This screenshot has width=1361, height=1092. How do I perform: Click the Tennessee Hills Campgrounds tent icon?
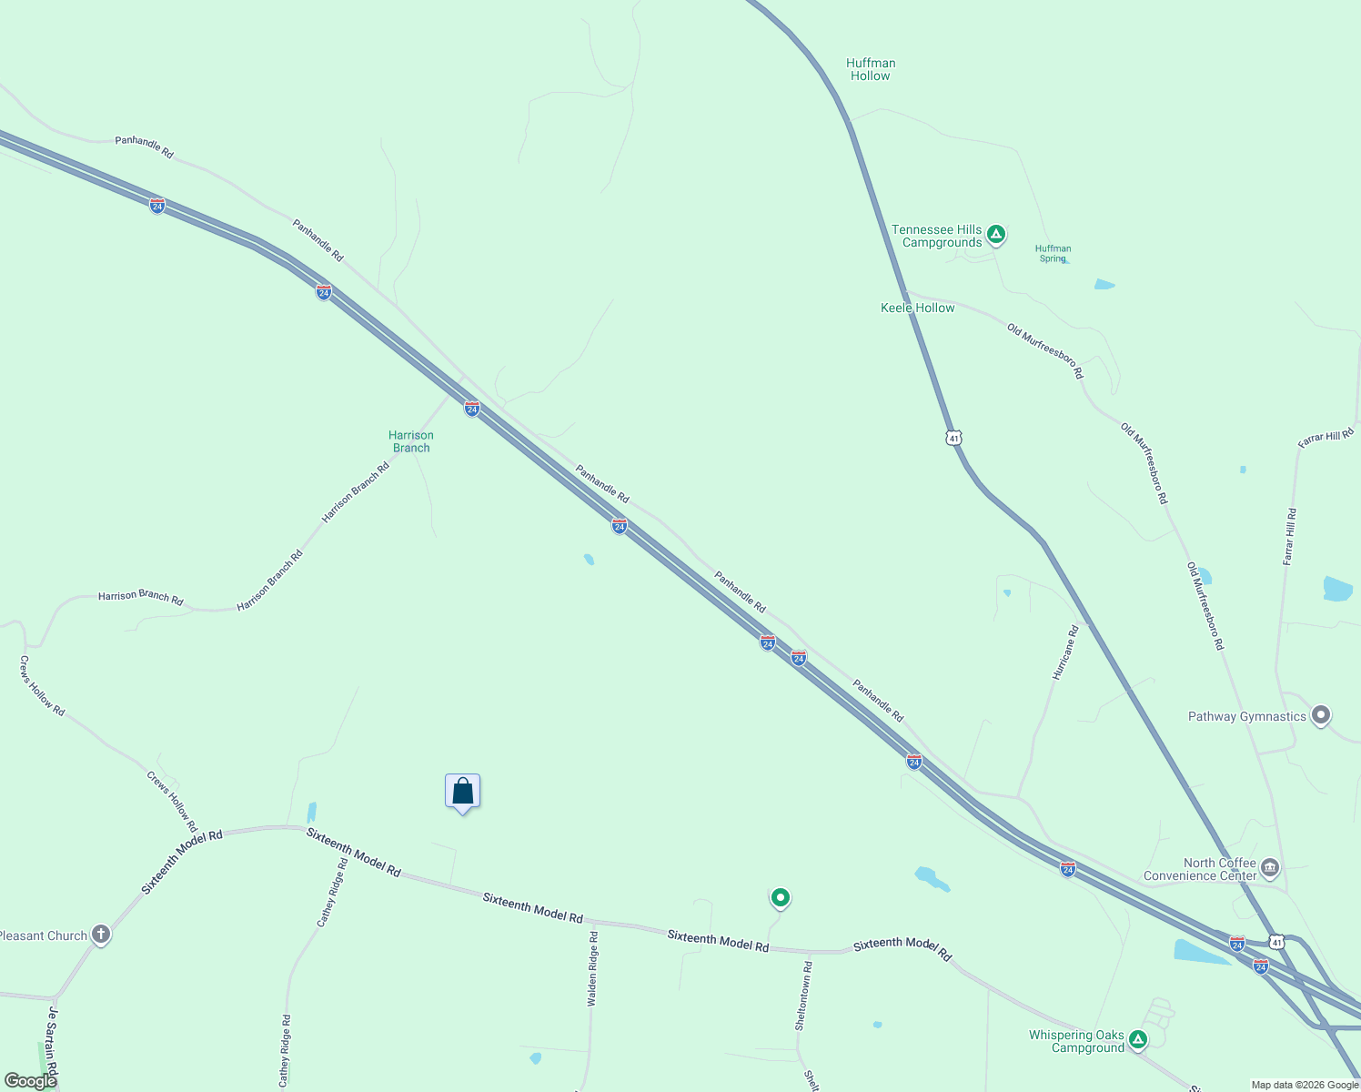(996, 235)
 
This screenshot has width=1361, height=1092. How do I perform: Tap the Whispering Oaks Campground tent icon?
(1137, 1039)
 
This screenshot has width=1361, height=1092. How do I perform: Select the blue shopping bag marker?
(462, 791)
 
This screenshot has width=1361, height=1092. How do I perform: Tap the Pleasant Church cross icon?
(101, 935)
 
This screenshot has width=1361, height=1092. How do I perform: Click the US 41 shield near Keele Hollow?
(953, 438)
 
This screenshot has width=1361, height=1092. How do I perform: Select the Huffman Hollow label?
(871, 69)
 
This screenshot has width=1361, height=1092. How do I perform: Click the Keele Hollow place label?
(917, 308)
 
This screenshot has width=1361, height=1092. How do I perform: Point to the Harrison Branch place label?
(411, 441)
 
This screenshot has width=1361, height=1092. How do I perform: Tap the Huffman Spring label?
(1053, 253)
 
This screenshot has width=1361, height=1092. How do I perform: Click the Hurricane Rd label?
(1065, 652)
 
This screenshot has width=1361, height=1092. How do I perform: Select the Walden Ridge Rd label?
(593, 968)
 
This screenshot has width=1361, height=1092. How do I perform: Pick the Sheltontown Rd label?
(803, 995)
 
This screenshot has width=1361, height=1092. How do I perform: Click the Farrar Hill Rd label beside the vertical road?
(1289, 537)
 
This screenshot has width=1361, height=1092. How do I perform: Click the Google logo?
(30, 1081)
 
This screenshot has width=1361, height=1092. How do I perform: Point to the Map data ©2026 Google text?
(1305, 1085)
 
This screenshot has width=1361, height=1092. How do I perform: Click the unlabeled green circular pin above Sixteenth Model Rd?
(780, 898)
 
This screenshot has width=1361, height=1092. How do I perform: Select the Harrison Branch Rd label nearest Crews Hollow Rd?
(141, 598)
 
